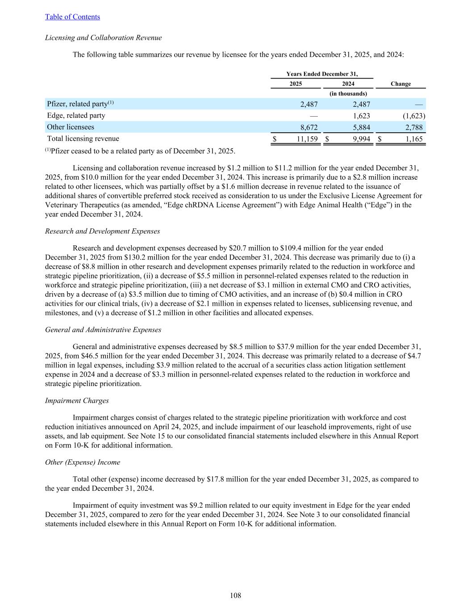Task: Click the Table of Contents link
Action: point(72,17)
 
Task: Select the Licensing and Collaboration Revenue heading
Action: point(103,38)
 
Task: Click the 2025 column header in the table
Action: point(296,84)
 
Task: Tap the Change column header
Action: point(400,84)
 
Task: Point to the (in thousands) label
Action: point(348,94)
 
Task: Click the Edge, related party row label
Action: point(76,116)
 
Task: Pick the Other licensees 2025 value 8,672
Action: point(308,127)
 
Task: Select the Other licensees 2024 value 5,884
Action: point(361,127)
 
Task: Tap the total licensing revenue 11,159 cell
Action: point(307,139)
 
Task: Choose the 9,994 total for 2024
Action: point(361,139)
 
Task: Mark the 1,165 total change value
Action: point(414,139)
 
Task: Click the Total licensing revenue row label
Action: point(83,139)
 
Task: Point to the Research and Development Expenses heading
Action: point(102,231)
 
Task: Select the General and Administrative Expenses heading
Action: point(103,330)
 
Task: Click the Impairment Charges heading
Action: point(77,400)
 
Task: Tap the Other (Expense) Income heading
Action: point(83,462)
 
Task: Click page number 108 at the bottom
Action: point(235,595)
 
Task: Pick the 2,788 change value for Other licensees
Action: point(413,127)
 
